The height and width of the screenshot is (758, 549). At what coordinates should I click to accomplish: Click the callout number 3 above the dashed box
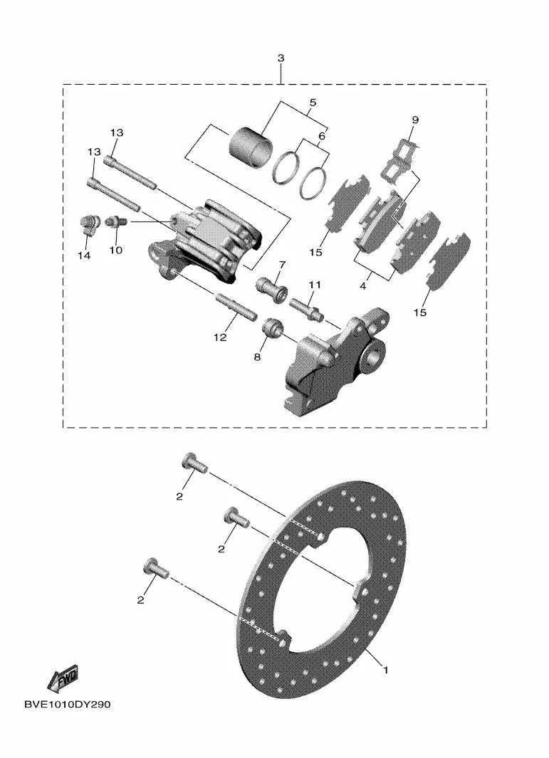click(281, 58)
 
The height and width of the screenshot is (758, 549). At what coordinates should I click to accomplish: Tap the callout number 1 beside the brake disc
click(385, 670)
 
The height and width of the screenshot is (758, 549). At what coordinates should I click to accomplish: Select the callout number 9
click(415, 120)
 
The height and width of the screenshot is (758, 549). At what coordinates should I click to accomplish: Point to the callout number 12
click(220, 337)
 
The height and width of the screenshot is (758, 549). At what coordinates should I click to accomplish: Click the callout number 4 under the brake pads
click(362, 286)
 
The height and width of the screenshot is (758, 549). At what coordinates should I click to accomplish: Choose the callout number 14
click(84, 256)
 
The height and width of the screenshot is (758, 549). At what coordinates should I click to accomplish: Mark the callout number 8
click(257, 357)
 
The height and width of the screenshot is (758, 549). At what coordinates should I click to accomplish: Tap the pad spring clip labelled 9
click(399, 162)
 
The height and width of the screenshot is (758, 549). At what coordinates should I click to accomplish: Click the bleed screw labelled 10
click(116, 221)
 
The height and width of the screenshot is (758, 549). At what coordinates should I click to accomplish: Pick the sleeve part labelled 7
click(272, 289)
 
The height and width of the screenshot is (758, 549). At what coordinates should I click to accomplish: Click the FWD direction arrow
click(63, 679)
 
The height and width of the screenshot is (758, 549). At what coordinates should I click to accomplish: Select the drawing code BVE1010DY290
click(67, 705)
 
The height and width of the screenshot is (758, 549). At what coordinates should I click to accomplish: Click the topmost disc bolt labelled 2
click(194, 463)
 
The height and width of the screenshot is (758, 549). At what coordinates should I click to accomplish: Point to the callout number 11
click(315, 285)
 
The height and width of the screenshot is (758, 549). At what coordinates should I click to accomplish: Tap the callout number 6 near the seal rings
click(322, 137)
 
